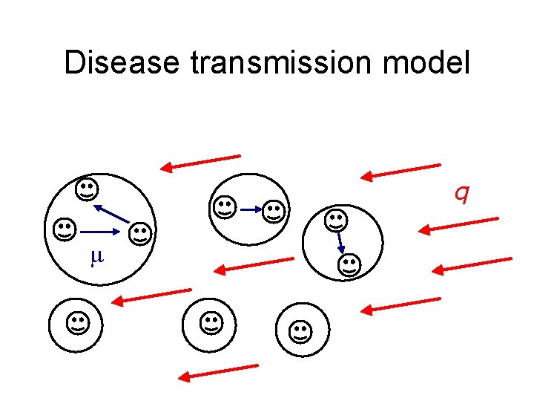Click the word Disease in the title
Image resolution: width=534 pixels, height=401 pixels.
click(x=122, y=62)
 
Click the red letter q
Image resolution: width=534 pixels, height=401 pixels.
click(x=461, y=193)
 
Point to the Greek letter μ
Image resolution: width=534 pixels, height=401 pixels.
click(x=96, y=257)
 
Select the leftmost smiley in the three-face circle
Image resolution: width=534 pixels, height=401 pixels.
click(x=64, y=229)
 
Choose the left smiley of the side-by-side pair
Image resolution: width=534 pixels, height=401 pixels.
click(x=224, y=207)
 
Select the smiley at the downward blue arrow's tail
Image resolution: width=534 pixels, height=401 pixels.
click(x=335, y=220)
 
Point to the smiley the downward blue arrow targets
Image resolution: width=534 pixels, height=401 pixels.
click(x=349, y=264)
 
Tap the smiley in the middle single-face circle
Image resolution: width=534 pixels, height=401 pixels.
click(x=211, y=323)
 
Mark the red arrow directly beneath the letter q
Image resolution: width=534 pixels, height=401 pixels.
click(x=457, y=225)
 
